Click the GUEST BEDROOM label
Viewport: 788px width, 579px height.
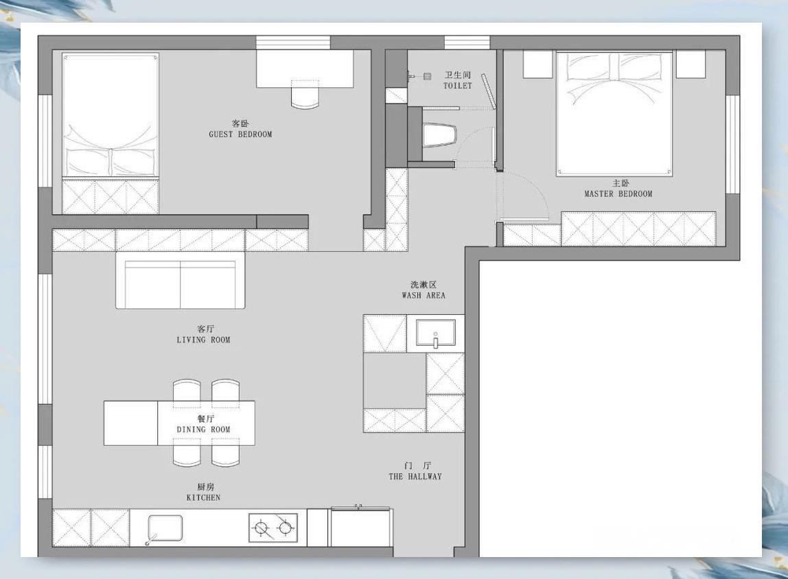(240, 134)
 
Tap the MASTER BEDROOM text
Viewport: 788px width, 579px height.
(618, 194)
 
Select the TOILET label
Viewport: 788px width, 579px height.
(457, 85)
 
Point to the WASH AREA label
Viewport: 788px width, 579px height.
(423, 295)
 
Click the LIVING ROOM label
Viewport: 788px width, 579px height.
(203, 340)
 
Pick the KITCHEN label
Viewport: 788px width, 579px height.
(203, 497)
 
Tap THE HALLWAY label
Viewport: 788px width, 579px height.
(415, 477)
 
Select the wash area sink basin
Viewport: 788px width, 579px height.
(436, 333)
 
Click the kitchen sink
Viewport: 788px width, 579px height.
(165, 528)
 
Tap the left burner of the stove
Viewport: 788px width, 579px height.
(262, 528)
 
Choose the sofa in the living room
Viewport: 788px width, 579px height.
(181, 280)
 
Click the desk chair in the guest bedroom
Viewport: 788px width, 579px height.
(305, 95)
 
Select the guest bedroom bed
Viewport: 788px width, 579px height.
(110, 115)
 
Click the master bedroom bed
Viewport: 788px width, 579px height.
(614, 114)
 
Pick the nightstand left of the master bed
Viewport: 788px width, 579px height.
(538, 64)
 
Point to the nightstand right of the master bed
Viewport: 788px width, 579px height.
(691, 64)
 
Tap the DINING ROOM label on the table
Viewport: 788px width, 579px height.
(203, 430)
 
